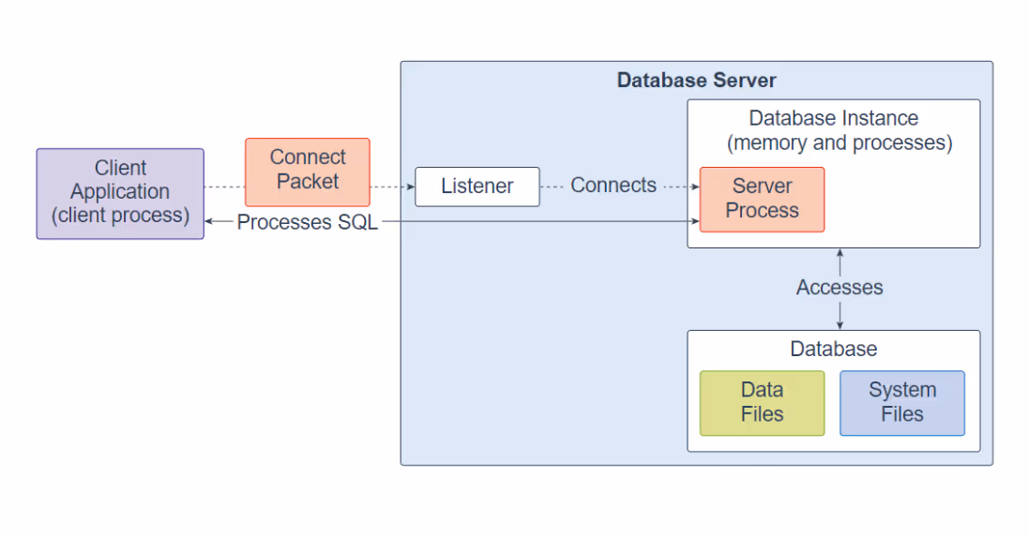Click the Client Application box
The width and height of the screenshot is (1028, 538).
120,193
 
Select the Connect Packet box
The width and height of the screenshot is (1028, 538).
308,172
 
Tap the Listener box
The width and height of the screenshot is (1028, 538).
477,187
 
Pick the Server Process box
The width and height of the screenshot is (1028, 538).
762,200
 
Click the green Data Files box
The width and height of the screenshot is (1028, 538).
762,403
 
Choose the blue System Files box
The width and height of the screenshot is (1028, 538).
902,403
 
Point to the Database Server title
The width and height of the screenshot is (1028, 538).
696,81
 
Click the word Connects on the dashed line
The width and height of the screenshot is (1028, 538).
613,186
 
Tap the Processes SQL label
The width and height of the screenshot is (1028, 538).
307,222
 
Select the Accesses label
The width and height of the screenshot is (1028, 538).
839,287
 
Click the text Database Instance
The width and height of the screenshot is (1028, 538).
833,118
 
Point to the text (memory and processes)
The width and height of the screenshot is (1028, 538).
839,142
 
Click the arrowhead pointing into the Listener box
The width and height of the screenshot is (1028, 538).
411,187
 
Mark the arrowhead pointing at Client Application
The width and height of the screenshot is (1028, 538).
209,221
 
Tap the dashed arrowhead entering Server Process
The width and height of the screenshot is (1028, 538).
696,187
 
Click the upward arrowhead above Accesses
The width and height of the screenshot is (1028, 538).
839,253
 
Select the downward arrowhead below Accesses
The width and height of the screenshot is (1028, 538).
839,325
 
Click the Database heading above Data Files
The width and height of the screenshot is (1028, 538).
833,349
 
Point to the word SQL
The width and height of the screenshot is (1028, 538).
357,222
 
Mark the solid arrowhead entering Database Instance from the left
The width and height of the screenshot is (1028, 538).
696,221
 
